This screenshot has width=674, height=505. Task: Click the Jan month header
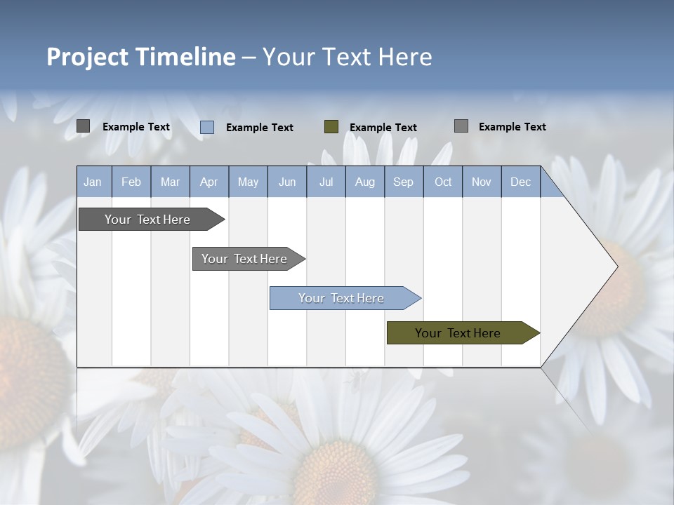pyautogui.click(x=93, y=182)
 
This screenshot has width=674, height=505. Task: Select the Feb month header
pyautogui.click(x=131, y=182)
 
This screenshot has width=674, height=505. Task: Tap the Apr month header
pyautogui.click(x=209, y=182)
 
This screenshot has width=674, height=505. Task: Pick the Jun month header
pyautogui.click(x=287, y=182)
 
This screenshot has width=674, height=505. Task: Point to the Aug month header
pyautogui.click(x=364, y=182)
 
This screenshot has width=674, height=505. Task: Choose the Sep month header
pyautogui.click(x=403, y=182)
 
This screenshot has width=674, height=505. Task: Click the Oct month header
pyautogui.click(x=443, y=182)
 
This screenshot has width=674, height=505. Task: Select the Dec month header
pyautogui.click(x=520, y=182)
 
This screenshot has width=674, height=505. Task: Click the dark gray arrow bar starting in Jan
pyautogui.click(x=147, y=220)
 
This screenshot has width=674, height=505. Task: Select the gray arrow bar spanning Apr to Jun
pyautogui.click(x=244, y=259)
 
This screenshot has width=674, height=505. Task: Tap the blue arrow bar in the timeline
pyautogui.click(x=341, y=298)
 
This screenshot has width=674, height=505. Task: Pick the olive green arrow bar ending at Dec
pyautogui.click(x=458, y=333)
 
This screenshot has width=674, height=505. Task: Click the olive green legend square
pyautogui.click(x=331, y=127)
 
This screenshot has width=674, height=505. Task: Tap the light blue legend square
pyautogui.click(x=207, y=127)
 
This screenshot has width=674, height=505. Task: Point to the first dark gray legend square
pyautogui.click(x=83, y=126)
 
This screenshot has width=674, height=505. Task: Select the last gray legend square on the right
pyautogui.click(x=461, y=126)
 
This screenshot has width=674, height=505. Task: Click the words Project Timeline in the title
pyautogui.click(x=140, y=57)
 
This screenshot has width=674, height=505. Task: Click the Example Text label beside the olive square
pyautogui.click(x=383, y=128)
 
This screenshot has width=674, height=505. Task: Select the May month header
pyautogui.click(x=248, y=182)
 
